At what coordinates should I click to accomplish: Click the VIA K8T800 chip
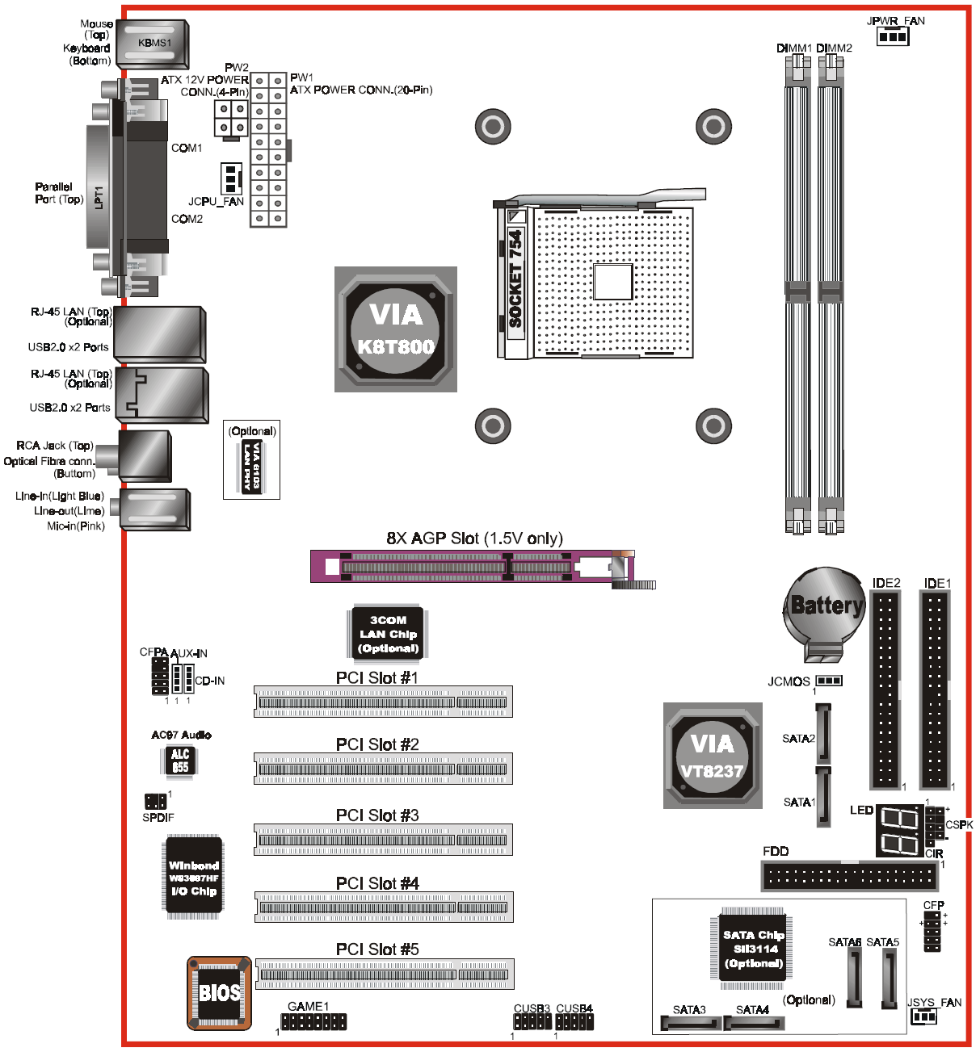pos(396,329)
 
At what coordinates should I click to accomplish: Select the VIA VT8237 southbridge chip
pos(713,756)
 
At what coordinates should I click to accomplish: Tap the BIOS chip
pos(219,993)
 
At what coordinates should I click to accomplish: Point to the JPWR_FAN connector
pos(893,36)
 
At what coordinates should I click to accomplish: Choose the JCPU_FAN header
pos(232,178)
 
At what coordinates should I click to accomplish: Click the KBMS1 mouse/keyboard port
pos(153,44)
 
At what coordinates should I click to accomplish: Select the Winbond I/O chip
pos(193,878)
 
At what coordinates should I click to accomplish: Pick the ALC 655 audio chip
pos(180,761)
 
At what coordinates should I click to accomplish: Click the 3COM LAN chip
pos(389,634)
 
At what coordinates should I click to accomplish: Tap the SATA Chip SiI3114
pos(753,949)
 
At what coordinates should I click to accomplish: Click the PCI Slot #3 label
pos(377,815)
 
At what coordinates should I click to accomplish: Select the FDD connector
pos(850,875)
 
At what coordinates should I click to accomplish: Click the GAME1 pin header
pos(313,1021)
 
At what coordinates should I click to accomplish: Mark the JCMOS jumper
pos(829,681)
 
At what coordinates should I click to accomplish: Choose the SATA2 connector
pos(823,733)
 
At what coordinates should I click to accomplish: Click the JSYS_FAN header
pos(923,1016)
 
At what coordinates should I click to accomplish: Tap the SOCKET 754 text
pos(515,279)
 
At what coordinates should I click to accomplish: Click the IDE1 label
pos(937,583)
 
